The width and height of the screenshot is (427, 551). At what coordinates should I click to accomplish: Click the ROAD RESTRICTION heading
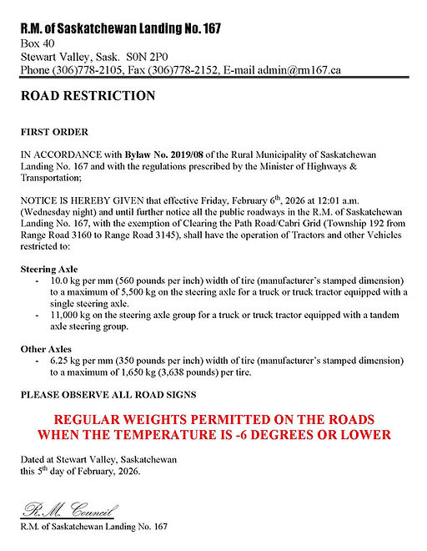click(x=88, y=96)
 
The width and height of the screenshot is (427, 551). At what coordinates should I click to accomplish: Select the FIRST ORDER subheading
click(x=55, y=132)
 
